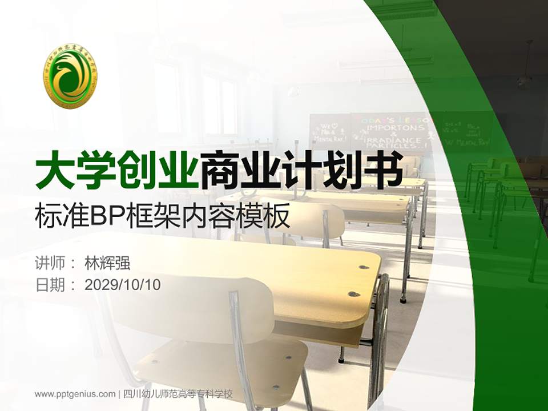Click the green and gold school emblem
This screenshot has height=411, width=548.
point(71,75)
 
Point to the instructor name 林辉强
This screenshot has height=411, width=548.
point(107,263)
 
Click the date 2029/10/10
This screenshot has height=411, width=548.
point(123,284)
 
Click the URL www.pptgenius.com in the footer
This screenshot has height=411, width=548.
point(75,394)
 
